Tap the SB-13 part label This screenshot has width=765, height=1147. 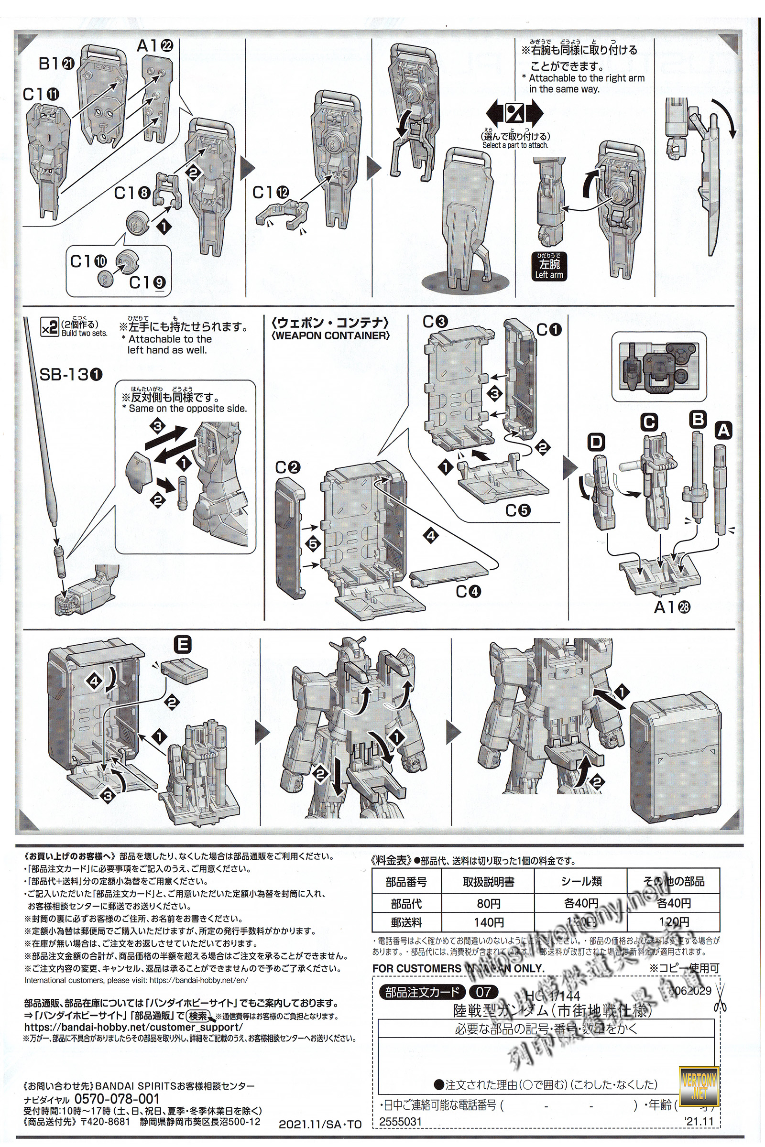[x=72, y=375]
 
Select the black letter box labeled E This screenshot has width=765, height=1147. [x=183, y=645]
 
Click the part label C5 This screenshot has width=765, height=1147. [x=518, y=510]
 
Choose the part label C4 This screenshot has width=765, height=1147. [x=469, y=592]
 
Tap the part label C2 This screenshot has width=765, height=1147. [x=287, y=468]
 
